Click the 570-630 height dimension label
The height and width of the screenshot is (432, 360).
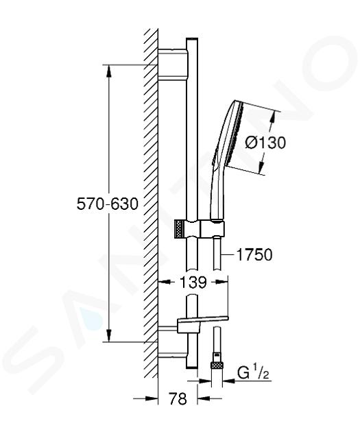click(107, 204)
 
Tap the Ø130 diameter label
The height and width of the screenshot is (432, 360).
click(265, 143)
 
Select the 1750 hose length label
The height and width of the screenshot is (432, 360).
click(254, 254)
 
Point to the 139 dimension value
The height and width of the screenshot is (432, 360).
click(193, 282)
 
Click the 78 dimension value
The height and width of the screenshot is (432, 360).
click(178, 398)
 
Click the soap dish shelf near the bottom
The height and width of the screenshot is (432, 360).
click(203, 320)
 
